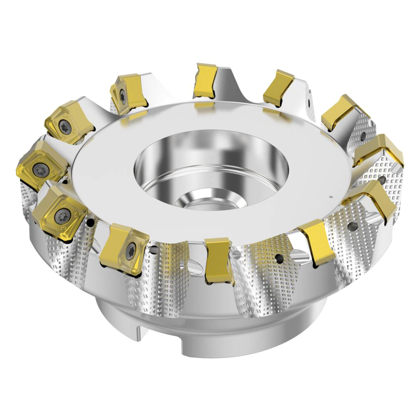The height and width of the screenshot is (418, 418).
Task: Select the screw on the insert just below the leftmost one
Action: [61, 215]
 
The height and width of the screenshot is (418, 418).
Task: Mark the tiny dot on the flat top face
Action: [331, 197]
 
